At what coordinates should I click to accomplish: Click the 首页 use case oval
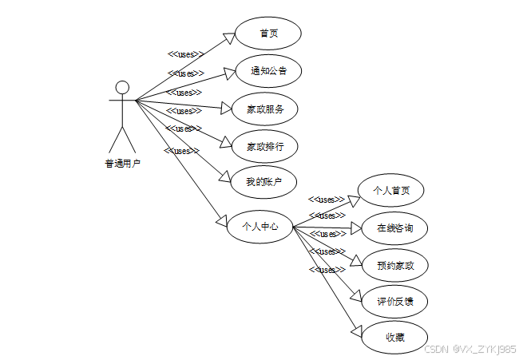coord(267,34)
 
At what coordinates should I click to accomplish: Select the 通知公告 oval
coord(267,71)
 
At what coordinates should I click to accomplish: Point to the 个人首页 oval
coord(391,191)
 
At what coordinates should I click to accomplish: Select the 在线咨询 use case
coord(394,228)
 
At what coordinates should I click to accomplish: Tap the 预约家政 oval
coord(394,265)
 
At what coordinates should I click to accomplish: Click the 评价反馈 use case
coord(394,303)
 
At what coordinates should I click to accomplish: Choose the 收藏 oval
coord(394,338)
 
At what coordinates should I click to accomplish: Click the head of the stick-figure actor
coord(122,86)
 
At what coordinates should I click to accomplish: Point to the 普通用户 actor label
coord(122,164)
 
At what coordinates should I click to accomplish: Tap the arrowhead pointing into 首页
coord(228,38)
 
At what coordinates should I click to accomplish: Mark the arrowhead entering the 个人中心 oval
coord(222,218)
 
